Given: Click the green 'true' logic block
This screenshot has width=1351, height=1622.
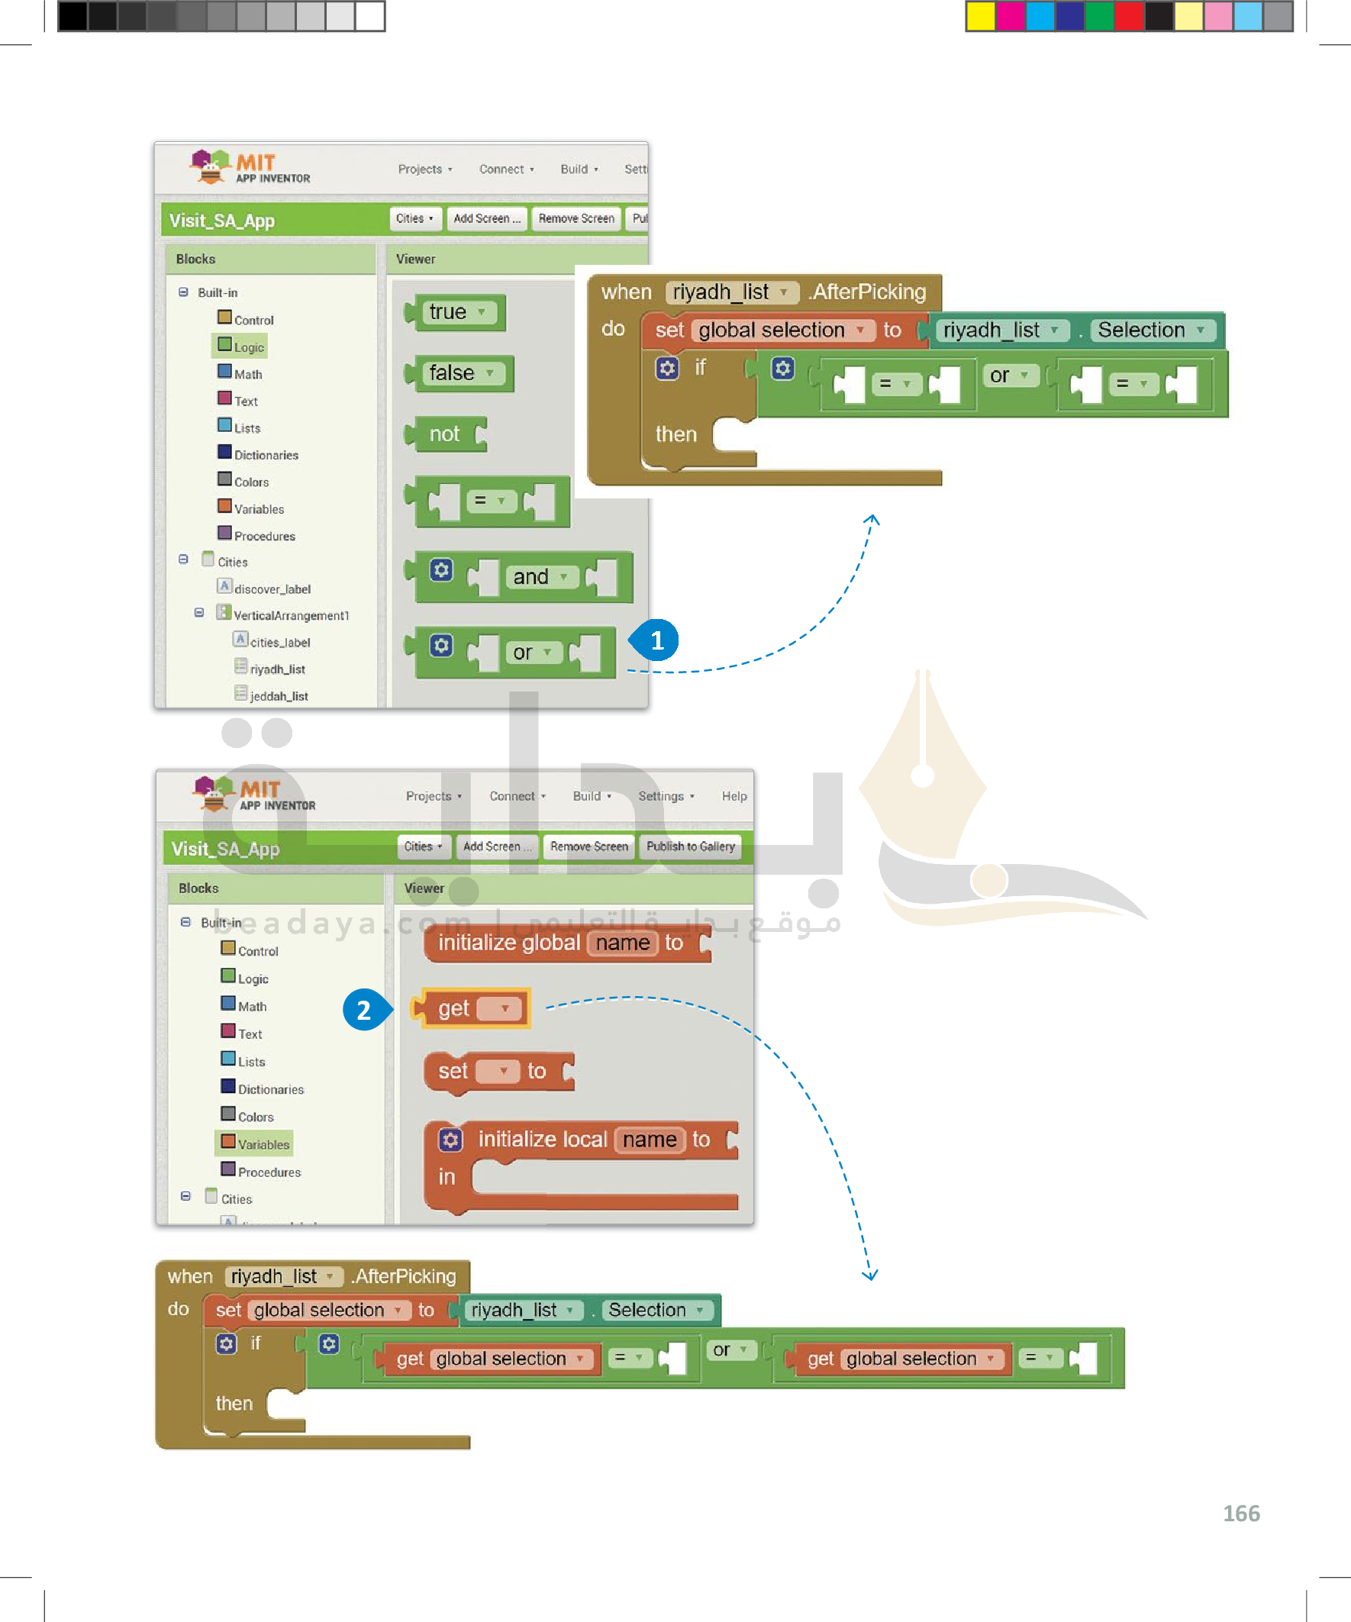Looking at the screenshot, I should tap(456, 312).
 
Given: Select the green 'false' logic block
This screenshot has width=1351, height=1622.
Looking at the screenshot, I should tap(460, 374).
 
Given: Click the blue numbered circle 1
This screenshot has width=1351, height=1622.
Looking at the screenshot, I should tap(656, 640).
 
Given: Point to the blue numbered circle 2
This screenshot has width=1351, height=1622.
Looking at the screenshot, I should tap(363, 1010).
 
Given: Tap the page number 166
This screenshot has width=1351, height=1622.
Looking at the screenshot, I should tap(1240, 1513).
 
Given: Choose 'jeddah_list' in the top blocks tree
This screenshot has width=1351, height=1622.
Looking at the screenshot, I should tap(278, 696).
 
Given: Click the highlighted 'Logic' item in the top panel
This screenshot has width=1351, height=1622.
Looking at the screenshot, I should tap(248, 347).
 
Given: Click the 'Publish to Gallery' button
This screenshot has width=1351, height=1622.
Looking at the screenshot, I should tap(690, 846).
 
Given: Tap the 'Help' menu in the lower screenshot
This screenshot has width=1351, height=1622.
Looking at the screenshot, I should tap(734, 796).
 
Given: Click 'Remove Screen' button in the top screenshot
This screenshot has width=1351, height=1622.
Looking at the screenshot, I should tap(576, 218).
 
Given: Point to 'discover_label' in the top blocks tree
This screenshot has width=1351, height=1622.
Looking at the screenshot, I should tap(272, 588).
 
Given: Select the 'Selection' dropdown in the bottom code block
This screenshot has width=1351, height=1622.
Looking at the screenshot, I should tap(655, 1310).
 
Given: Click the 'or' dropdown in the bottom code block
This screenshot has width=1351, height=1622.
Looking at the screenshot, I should tap(730, 1350).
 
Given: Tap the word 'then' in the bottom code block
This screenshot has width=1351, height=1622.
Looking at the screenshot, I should tap(234, 1404).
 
